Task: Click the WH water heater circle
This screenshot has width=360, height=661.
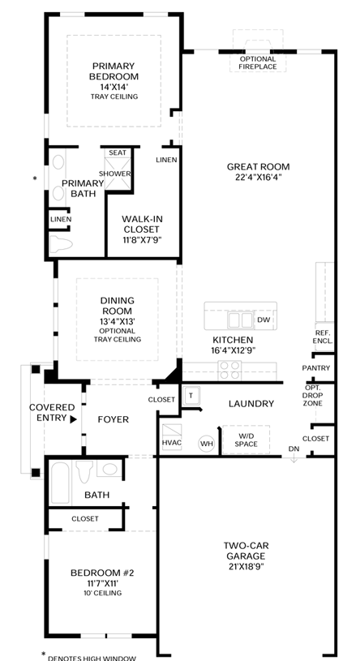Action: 207,444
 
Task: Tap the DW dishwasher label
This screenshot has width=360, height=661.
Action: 263,320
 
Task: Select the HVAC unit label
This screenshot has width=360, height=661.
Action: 172,443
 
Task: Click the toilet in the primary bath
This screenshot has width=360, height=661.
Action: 61,244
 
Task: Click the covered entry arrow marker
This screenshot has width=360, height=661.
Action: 74,419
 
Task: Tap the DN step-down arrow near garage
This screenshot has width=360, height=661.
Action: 294,460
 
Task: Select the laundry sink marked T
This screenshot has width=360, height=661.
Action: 191,396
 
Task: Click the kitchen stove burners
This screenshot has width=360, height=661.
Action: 229,371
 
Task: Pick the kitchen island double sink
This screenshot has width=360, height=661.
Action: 240,320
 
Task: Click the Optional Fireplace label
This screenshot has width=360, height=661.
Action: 258,62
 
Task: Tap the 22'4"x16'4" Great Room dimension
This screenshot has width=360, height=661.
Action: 259,177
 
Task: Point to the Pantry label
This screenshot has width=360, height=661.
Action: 316,368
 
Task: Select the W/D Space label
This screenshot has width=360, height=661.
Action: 246,440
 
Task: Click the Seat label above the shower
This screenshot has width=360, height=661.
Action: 118,152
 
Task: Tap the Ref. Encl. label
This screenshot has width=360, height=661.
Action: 323,336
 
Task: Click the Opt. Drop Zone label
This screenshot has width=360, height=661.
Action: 313,396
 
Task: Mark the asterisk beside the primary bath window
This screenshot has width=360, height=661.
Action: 35,178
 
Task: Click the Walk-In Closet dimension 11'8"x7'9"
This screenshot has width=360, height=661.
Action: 141,240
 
